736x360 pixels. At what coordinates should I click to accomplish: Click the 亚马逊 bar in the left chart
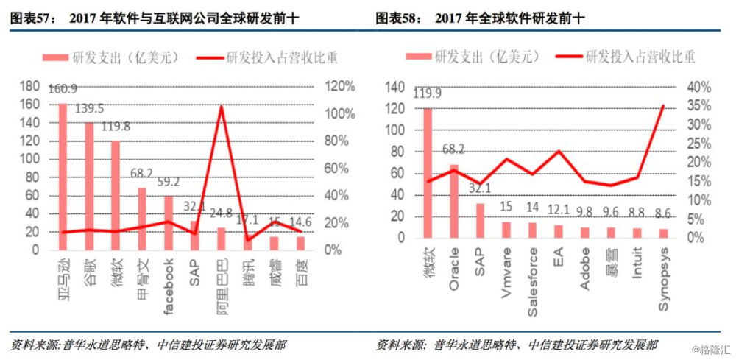[63, 177]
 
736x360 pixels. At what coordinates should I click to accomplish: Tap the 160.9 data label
[63, 90]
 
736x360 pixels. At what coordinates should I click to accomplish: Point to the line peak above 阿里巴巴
[222, 107]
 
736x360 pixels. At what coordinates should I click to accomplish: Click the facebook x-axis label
[169, 284]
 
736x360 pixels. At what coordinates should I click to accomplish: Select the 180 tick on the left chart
[29, 87]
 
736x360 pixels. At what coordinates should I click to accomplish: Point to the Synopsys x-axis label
[663, 288]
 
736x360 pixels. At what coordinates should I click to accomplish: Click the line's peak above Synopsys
[663, 106]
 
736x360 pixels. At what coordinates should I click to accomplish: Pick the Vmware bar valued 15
[506, 230]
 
